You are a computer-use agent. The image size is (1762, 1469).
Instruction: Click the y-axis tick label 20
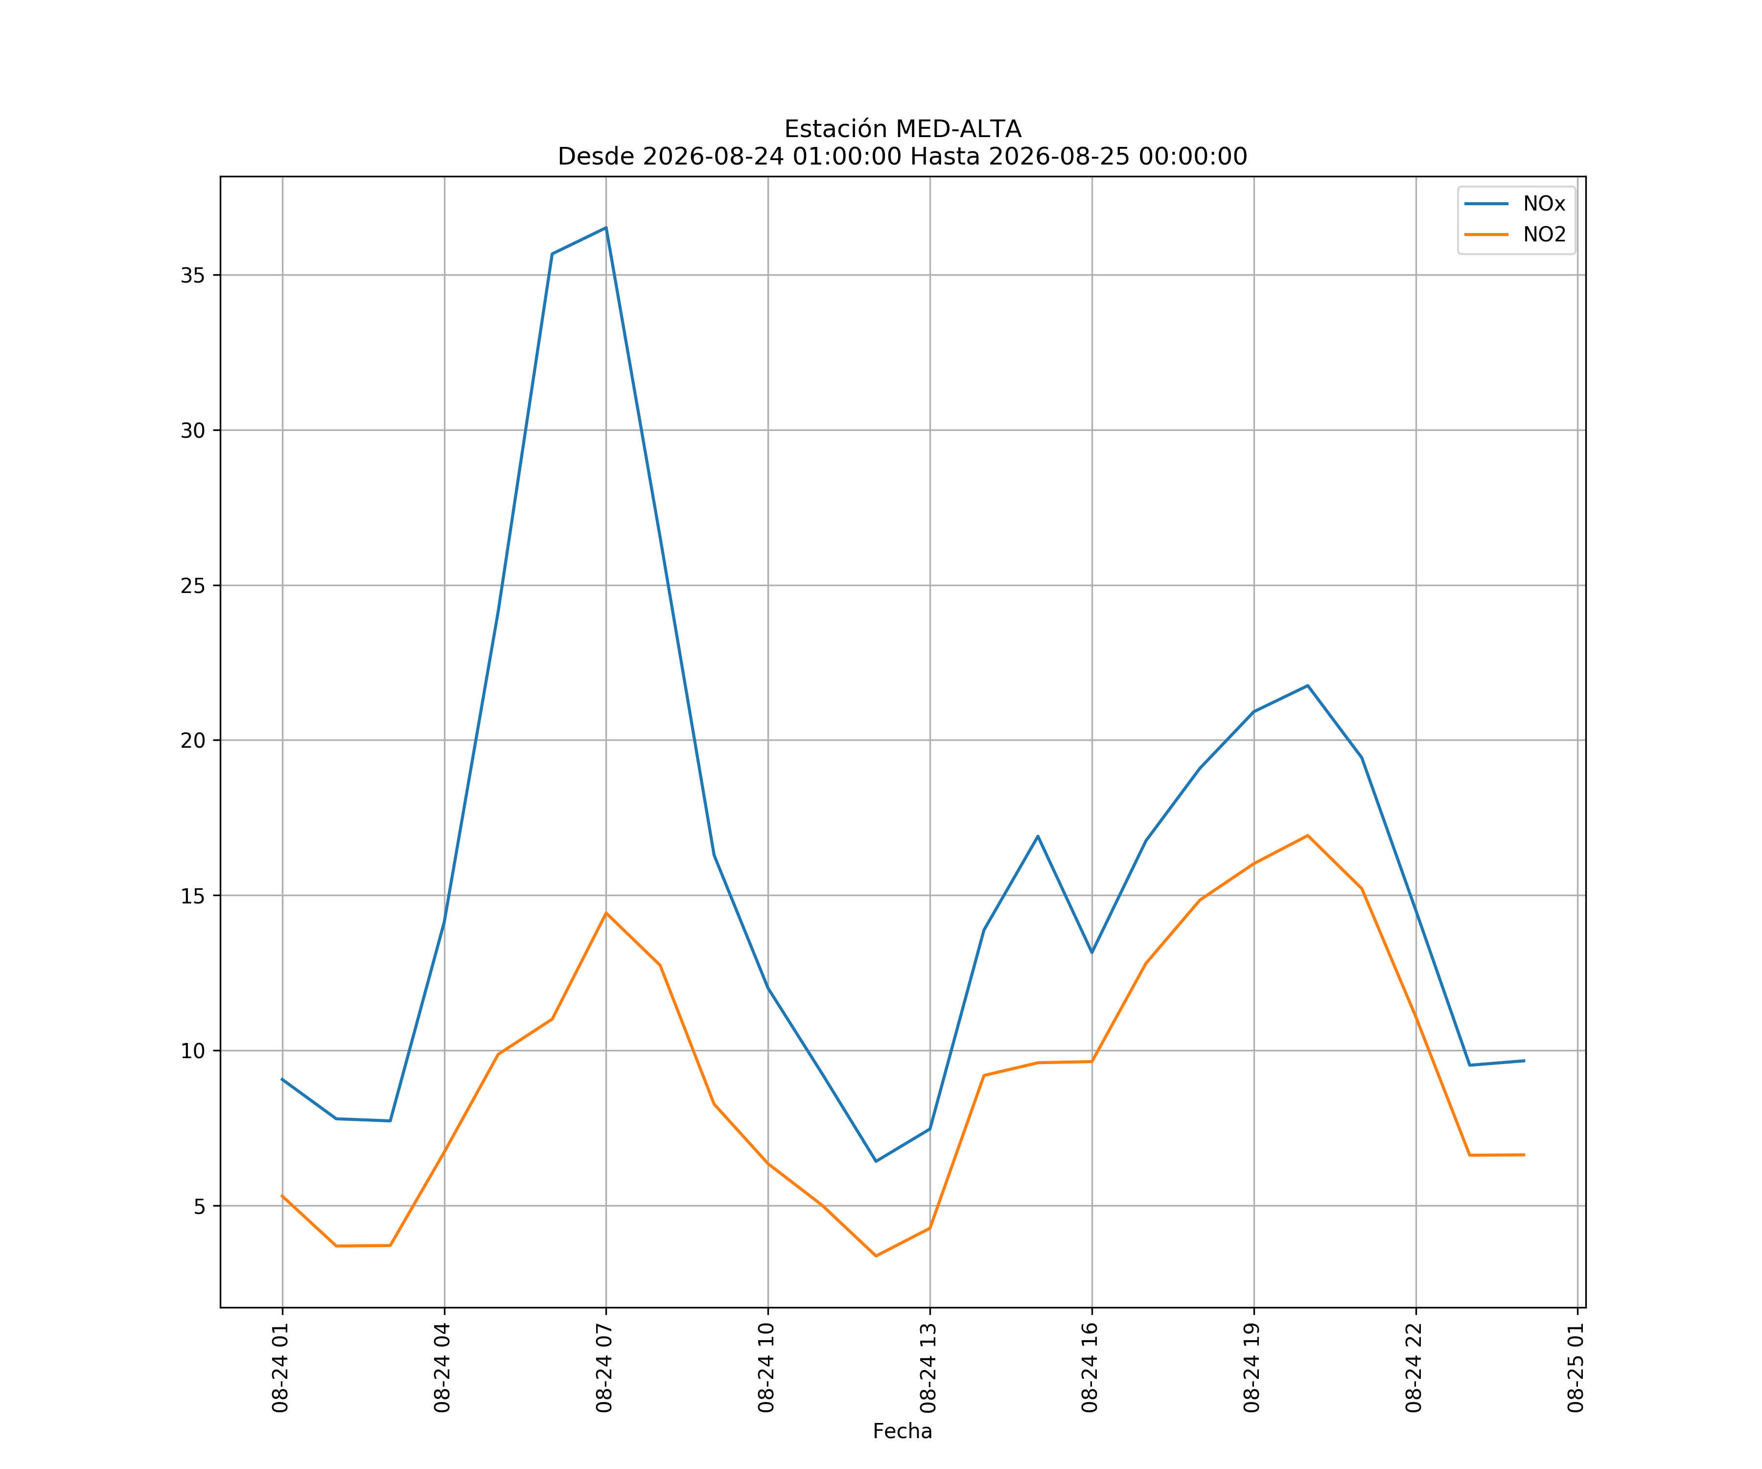pos(192,740)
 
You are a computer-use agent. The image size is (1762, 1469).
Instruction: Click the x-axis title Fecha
pos(902,1431)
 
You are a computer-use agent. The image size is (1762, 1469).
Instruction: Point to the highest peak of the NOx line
pos(606,228)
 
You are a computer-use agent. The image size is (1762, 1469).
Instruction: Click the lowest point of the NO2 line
pos(876,1256)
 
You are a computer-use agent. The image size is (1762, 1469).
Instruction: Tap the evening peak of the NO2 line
pos(1307,835)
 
